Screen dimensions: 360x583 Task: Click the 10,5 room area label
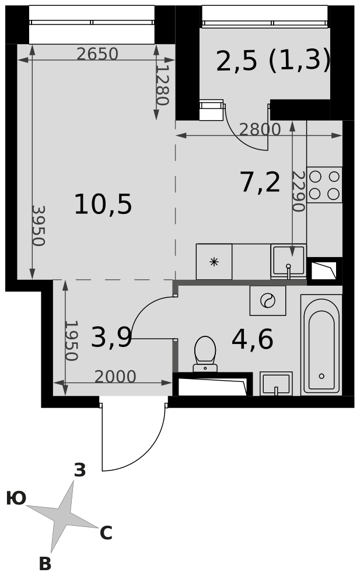click(x=103, y=205)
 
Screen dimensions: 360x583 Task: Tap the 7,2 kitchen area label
click(x=260, y=183)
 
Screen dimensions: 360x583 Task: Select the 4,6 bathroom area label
click(x=253, y=339)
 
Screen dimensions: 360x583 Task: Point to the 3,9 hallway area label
click(x=111, y=338)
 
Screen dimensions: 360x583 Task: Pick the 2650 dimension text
click(x=97, y=54)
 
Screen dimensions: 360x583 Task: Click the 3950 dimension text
click(x=39, y=226)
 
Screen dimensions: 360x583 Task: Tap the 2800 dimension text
click(x=260, y=129)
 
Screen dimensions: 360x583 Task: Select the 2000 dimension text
click(x=116, y=377)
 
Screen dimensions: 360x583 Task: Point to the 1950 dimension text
click(x=71, y=341)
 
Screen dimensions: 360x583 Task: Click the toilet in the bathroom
click(x=205, y=354)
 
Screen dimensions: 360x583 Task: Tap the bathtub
click(x=321, y=345)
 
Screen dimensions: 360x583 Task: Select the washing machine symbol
click(x=268, y=300)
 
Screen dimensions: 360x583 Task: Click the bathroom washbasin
click(x=276, y=384)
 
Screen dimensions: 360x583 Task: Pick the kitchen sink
click(x=288, y=261)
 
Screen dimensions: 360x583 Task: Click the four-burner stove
click(x=324, y=185)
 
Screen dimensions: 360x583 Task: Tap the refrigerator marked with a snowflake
click(x=214, y=262)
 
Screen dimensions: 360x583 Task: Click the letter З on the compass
click(x=80, y=470)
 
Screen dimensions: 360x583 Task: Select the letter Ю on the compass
click(x=16, y=498)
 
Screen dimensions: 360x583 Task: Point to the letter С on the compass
click(x=106, y=533)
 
